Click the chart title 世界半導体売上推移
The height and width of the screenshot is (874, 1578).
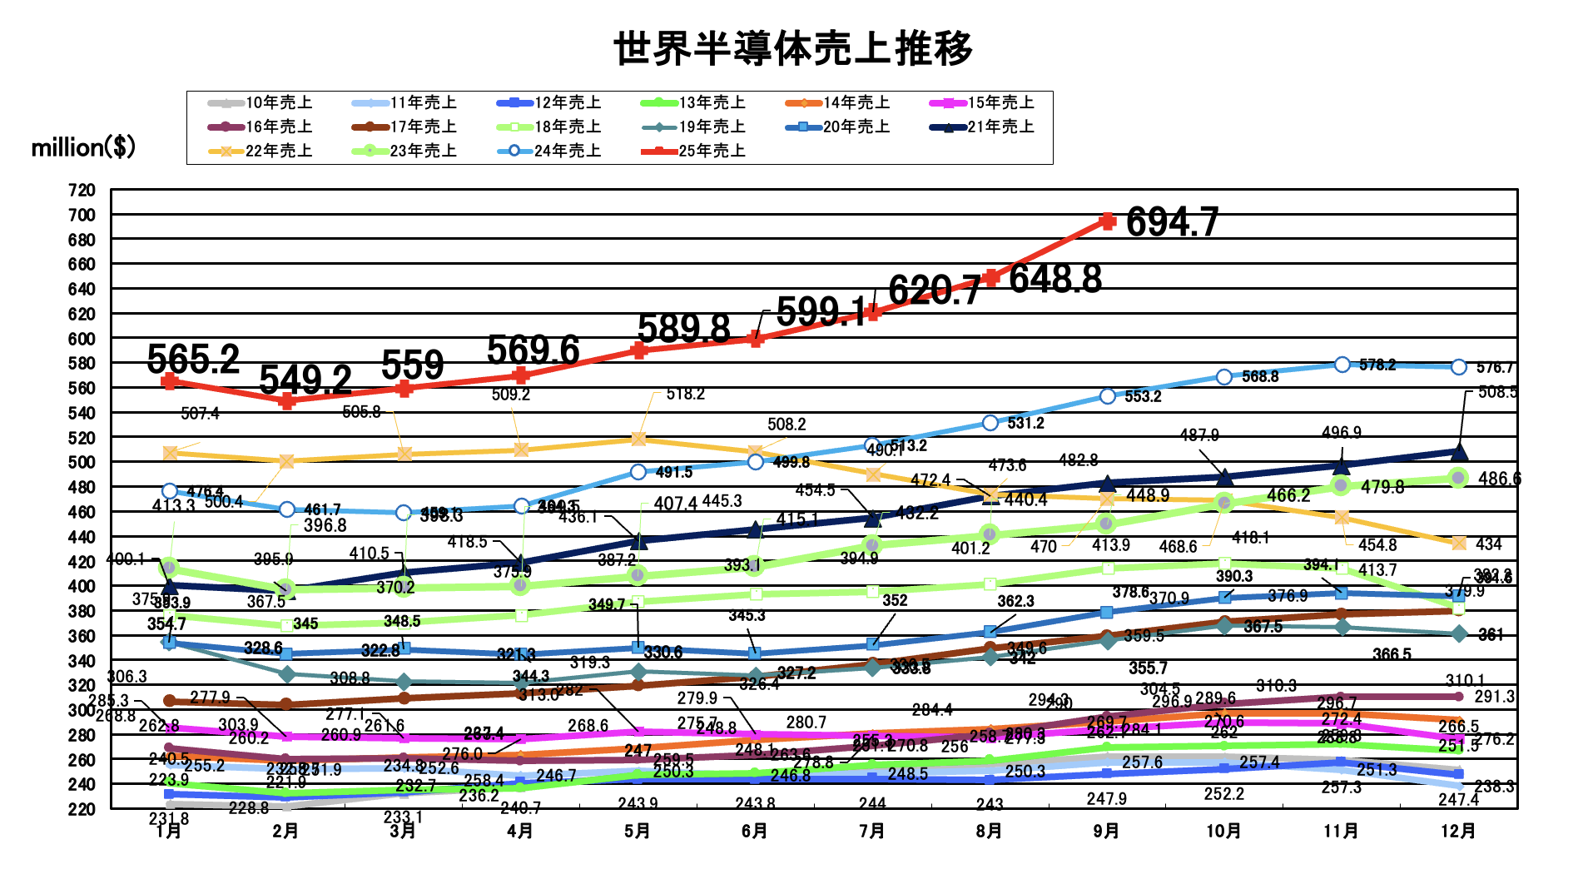pos(793,48)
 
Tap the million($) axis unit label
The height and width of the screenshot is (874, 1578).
pos(83,147)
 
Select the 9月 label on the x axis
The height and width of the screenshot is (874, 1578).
pos(1107,831)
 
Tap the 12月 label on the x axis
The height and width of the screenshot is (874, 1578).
pos(1458,831)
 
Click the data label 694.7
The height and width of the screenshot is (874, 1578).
pos(1172,222)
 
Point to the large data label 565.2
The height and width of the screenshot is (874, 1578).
pos(193,360)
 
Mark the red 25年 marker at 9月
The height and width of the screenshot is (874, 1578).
pos(1108,221)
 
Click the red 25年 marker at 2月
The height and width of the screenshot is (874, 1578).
pos(286,401)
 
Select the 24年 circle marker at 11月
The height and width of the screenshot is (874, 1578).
pos(1342,365)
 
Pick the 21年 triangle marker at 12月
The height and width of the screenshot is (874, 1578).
pos(1459,452)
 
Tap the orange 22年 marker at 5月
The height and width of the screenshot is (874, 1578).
pos(638,439)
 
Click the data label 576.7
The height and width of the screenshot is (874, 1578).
pos(1495,368)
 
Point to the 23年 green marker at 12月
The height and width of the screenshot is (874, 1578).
pos(1458,478)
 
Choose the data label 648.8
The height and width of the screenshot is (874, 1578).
pos(1055,279)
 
